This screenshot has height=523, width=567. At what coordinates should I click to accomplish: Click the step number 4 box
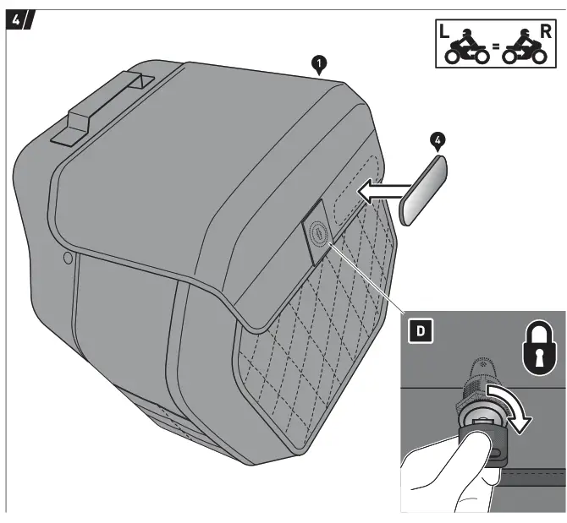click(19, 21)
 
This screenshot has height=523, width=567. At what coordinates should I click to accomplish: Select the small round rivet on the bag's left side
click(67, 257)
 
